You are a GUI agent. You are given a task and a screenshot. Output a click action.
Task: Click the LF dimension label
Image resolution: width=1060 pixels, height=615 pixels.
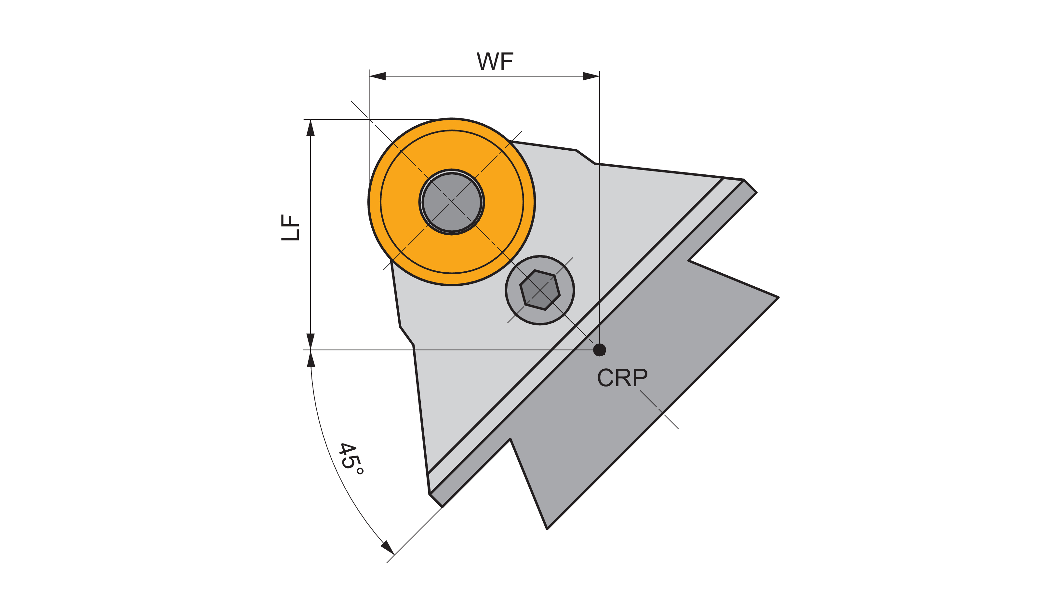pyautogui.click(x=290, y=228)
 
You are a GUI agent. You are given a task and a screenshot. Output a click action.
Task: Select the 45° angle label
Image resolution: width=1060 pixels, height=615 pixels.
pyautogui.click(x=351, y=459)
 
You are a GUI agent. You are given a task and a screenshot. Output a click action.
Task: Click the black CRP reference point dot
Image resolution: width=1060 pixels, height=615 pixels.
pyautogui.click(x=599, y=350)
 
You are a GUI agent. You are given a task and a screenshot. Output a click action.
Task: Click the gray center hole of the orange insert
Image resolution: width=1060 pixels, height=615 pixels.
pyautogui.click(x=452, y=202)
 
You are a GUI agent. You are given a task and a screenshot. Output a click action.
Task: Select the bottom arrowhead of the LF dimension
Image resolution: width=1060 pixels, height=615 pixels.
pyautogui.click(x=311, y=341)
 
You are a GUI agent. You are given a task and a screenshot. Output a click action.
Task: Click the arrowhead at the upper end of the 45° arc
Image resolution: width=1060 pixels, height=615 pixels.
pyautogui.click(x=311, y=360)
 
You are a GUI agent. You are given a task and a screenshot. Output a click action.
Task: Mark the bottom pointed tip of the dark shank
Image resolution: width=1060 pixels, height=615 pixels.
pyautogui.click(x=547, y=528)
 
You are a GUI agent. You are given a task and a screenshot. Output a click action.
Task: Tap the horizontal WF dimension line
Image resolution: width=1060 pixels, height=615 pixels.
pyautogui.click(x=484, y=76)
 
